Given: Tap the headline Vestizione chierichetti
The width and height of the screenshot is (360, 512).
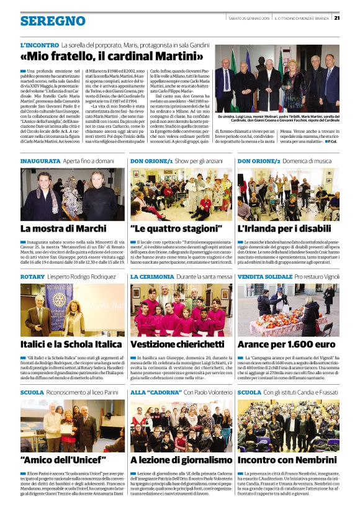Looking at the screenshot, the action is tap(177, 344).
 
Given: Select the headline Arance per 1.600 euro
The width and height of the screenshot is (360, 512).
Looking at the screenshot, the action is tap(286, 344).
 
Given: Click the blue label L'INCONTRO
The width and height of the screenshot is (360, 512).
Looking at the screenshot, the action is tap(39, 46).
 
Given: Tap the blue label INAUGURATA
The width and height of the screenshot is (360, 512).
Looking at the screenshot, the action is tap(40, 161).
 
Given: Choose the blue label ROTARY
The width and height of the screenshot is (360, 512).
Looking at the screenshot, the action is tap(32, 276).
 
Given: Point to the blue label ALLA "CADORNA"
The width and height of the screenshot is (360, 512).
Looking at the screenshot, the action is tap(151, 392).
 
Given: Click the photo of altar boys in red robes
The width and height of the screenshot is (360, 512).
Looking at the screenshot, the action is tap(181, 310).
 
